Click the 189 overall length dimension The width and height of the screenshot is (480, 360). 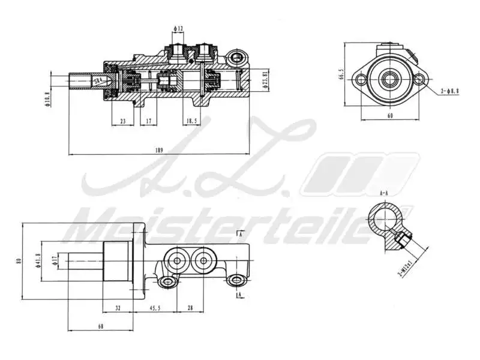159,150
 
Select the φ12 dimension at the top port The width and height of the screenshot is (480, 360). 178,29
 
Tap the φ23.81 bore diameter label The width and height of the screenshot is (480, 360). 266,80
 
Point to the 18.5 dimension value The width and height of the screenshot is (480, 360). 191,121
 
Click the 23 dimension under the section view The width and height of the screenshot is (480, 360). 122,121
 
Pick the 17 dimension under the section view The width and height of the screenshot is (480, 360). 148,121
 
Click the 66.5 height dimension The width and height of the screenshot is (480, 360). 341,74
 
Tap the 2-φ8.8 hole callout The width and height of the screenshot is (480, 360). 449,91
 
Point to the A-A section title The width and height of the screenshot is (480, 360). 385,193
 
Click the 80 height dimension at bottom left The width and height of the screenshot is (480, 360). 19,261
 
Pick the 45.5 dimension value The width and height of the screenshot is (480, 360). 155,308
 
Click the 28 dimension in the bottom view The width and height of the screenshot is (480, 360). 191,308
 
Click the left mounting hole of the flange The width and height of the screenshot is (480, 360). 361,79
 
